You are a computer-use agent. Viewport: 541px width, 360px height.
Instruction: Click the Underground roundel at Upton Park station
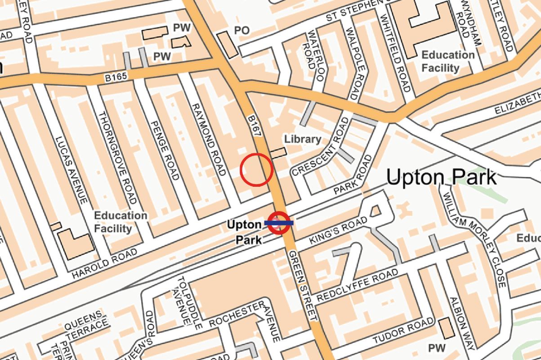coord(279,222)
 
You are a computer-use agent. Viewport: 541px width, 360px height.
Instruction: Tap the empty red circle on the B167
coord(256,170)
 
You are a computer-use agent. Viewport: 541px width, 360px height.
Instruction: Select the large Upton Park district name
coord(442,178)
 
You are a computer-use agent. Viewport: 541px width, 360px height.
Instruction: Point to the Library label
coord(303,139)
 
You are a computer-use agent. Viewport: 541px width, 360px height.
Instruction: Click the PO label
coord(241,30)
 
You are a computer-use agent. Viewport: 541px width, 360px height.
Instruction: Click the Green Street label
coord(300,284)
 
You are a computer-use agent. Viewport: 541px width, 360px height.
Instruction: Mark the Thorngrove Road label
coord(116,157)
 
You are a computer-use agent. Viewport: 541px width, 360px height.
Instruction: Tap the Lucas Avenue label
coord(70,170)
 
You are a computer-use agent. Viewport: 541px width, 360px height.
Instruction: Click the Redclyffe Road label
coord(357,285)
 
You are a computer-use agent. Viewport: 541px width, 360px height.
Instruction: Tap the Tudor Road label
coord(402,331)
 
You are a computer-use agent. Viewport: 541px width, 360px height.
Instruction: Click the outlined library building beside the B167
coord(278,153)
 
